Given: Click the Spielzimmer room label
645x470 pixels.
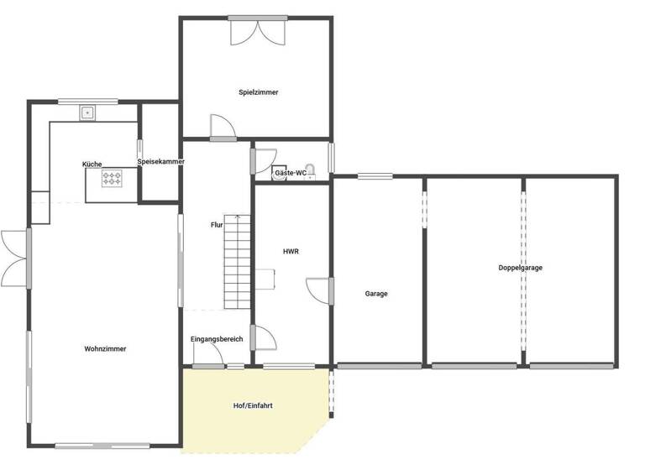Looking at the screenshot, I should (258, 92).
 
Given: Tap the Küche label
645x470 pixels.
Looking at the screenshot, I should (92, 163).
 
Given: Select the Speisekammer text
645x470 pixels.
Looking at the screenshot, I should (160, 162).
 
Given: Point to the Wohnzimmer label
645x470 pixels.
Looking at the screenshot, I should (105, 348).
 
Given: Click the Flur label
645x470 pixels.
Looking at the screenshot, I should (217, 224).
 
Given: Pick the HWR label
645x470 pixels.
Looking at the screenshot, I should (291, 251).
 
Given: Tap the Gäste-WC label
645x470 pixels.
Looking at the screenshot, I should (290, 173).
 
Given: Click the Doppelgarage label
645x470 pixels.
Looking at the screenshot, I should (520, 268).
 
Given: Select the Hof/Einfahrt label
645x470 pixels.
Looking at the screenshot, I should (253, 405).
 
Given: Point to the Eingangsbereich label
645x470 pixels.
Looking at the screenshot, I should (217, 339).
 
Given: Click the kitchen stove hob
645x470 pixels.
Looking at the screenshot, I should (112, 178).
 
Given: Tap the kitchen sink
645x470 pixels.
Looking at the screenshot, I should (87, 112).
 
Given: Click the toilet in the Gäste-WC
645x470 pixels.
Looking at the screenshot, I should (310, 170).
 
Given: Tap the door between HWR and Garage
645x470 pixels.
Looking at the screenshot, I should (321, 289).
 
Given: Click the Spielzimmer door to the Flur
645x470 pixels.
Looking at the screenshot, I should (223, 128).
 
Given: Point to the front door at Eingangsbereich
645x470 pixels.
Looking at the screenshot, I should (208, 356).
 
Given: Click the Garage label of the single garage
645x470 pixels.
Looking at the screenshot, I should (376, 294).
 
